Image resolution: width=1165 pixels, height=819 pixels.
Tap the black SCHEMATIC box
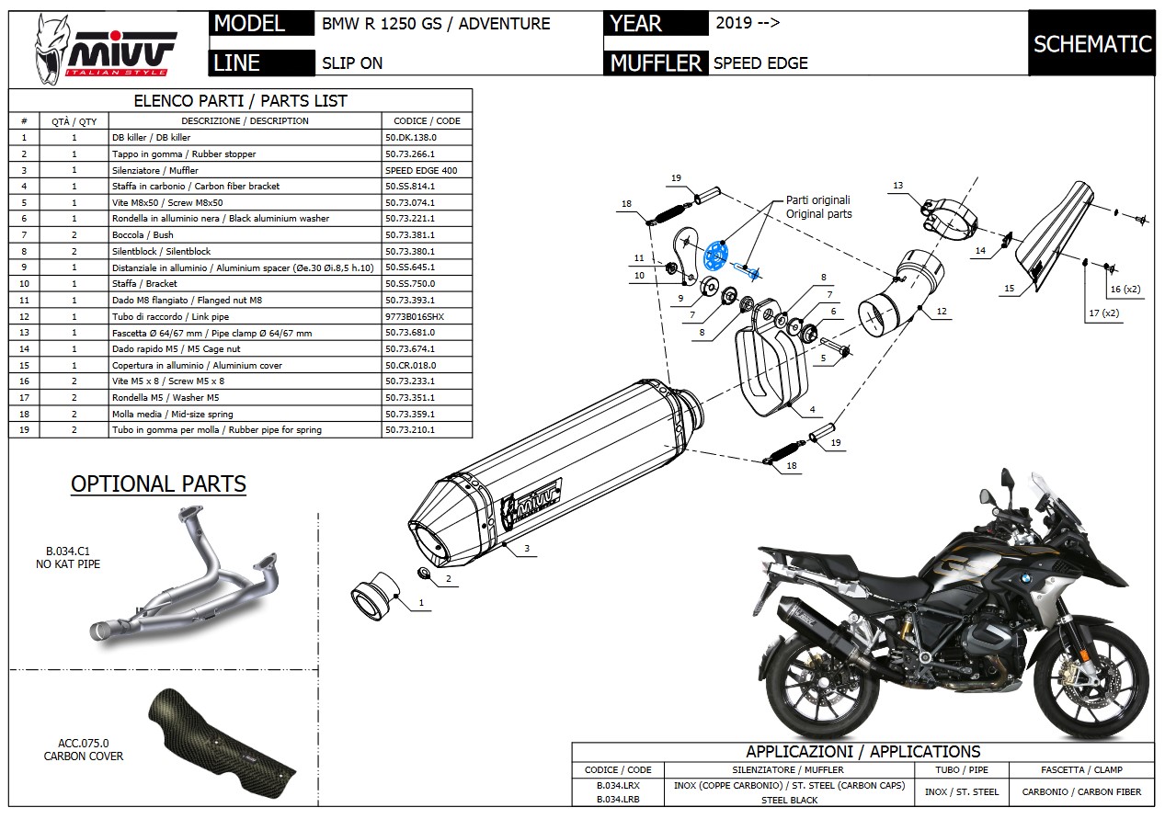tap(1091, 43)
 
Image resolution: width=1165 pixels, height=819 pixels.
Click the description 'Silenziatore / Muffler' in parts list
tap(154, 170)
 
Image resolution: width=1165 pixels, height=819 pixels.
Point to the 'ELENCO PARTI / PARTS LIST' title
tap(240, 100)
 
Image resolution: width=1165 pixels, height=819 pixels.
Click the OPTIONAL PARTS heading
tap(158, 483)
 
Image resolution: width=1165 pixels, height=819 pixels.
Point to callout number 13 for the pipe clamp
tap(897, 185)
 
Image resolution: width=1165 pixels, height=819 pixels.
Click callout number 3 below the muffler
tap(526, 549)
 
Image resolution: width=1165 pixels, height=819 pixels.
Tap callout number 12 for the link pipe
tap(942, 312)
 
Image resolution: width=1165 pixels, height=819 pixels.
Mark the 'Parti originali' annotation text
tap(817, 199)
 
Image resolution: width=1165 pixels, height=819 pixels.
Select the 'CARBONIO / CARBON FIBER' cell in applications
tap(1080, 791)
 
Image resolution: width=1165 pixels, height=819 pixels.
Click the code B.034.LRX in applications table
tap(618, 787)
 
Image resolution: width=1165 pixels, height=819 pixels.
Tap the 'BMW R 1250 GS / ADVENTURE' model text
tap(436, 24)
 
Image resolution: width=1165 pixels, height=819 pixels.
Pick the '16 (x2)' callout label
tap(1125, 289)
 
